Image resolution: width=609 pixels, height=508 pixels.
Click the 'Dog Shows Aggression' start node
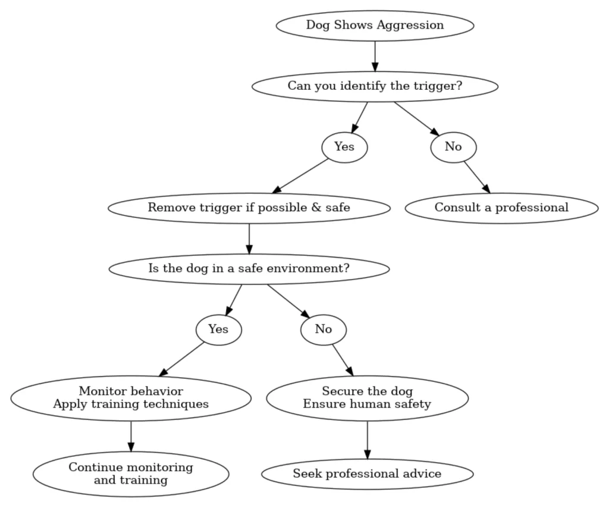coord(375,26)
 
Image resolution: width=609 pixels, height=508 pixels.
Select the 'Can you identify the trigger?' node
coord(375,86)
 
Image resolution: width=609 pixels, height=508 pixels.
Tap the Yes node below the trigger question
coord(344,147)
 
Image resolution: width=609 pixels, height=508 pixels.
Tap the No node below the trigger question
coord(453,147)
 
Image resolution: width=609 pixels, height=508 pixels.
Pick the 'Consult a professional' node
coord(501,208)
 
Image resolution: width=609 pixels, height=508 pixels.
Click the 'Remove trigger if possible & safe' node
coord(249,208)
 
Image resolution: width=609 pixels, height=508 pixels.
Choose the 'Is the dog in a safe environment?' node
coord(249,268)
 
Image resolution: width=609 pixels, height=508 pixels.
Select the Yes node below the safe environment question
coord(218,329)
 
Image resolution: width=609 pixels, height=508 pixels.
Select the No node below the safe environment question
coord(324,329)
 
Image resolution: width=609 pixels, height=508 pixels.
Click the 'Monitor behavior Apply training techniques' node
coord(131,398)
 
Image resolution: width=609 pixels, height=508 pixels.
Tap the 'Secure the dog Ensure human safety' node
coord(367,398)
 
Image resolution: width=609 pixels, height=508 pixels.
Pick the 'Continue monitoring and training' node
coord(131,473)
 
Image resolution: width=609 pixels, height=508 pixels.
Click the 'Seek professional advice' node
coord(367,474)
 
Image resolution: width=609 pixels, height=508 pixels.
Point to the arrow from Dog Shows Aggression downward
coord(375,56)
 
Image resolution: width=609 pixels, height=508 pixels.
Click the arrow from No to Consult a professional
coord(477,177)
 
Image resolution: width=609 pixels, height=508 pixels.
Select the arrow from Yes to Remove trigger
coord(300,176)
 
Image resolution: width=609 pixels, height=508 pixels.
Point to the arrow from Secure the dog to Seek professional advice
coord(367,440)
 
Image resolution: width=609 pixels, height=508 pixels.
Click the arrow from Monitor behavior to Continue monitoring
coord(131,436)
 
